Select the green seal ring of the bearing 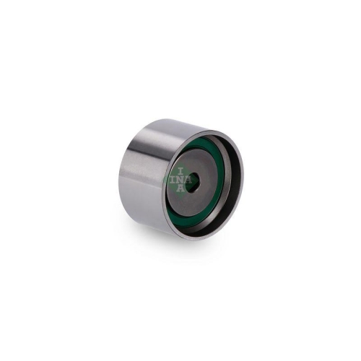coord(217,155)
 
